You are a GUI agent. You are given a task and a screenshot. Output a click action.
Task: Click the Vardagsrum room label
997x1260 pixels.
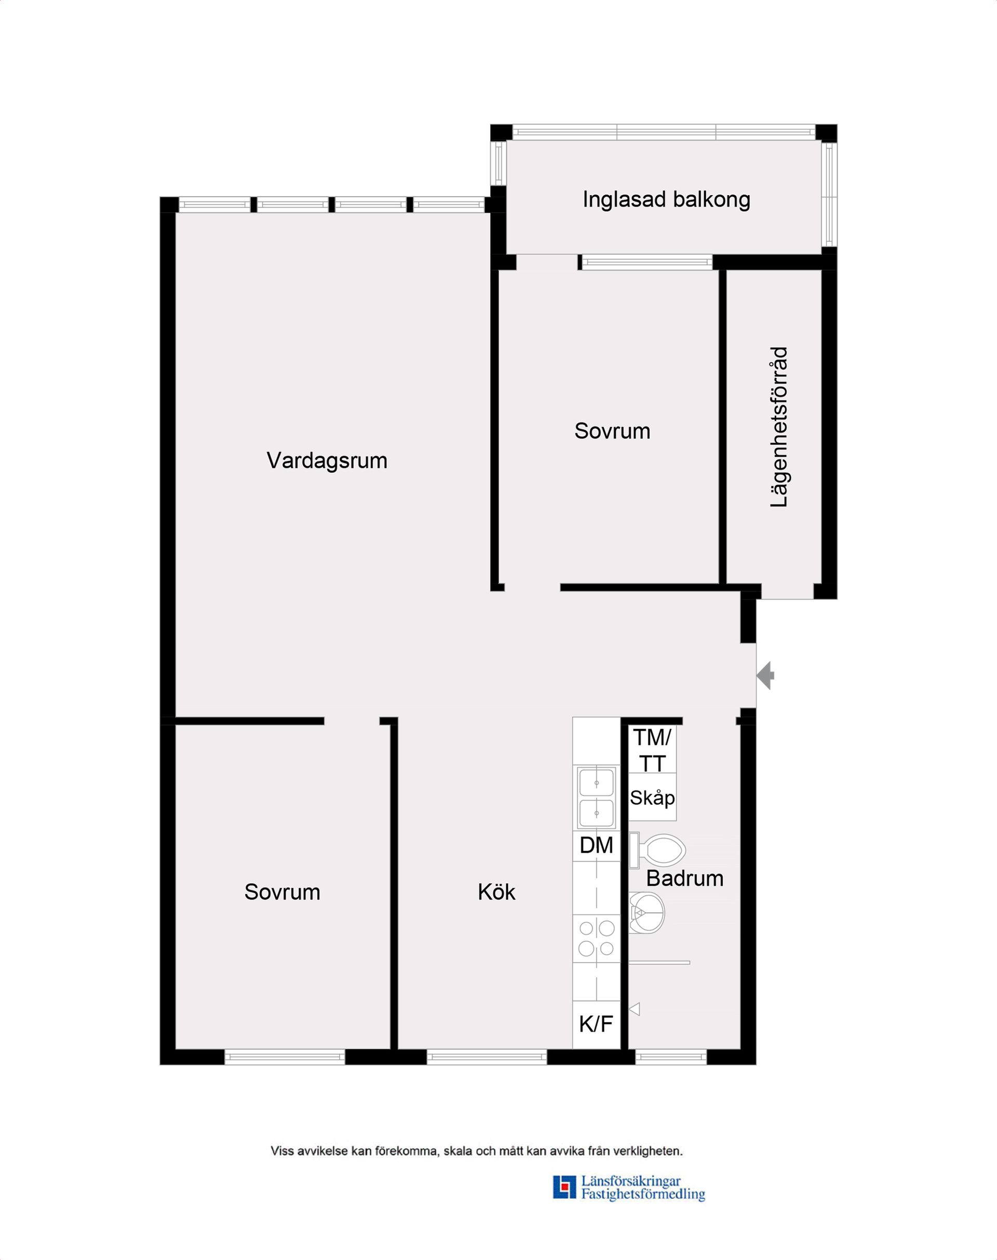(327, 461)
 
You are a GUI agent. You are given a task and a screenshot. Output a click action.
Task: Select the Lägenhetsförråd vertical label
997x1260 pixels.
(779, 427)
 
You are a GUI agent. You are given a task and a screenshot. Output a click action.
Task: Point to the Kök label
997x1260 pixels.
(496, 892)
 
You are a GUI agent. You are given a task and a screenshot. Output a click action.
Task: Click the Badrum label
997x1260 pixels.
(685, 878)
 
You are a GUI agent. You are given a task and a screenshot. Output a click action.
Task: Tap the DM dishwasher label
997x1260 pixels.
(596, 845)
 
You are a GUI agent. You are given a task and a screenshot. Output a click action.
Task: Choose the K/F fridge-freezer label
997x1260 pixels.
(596, 1023)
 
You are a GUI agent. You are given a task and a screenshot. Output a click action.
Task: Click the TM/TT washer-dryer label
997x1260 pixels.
(652, 750)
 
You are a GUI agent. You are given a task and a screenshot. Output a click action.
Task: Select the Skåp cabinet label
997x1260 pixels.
(652, 798)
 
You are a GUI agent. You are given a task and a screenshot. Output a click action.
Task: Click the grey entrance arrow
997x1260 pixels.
(766, 676)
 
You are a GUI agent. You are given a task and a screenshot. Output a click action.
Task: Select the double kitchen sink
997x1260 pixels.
(596, 797)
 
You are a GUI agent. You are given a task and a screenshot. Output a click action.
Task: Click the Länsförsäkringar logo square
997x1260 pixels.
(564, 1187)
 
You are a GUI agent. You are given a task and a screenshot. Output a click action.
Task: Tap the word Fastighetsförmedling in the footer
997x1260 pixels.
(643, 1194)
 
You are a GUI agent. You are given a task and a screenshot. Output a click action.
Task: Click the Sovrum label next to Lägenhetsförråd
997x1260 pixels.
(612, 431)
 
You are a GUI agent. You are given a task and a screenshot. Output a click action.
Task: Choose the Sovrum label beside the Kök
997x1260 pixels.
(282, 892)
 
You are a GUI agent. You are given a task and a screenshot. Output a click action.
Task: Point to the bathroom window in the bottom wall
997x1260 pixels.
(671, 1057)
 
